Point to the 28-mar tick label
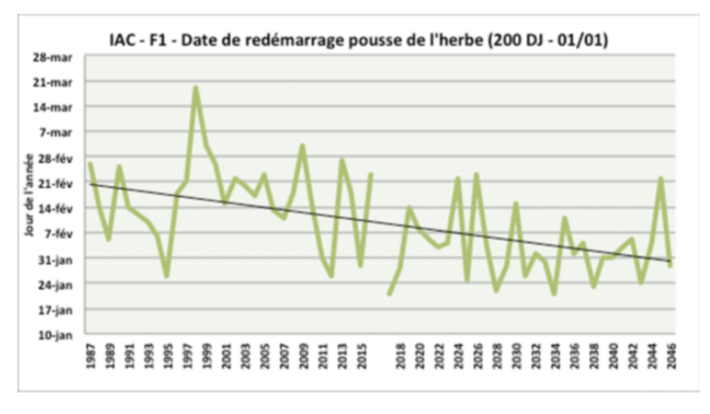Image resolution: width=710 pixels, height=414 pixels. (57, 56)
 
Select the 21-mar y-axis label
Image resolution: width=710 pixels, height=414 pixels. (57, 82)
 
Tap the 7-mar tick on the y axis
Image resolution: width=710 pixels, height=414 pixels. (59, 132)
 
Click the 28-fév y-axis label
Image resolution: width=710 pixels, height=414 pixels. (57, 158)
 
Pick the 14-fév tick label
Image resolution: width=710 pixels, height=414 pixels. (57, 208)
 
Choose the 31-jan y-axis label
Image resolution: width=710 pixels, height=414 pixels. (57, 259)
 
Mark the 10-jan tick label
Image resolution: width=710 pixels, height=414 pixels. (57, 335)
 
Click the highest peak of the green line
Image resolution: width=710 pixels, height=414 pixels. (196, 88)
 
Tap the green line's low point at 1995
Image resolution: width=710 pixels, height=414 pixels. (167, 276)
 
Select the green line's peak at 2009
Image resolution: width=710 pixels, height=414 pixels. (302, 146)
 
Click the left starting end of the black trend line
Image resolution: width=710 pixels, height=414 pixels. (90, 183)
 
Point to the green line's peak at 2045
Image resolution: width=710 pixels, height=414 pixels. (661, 178)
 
